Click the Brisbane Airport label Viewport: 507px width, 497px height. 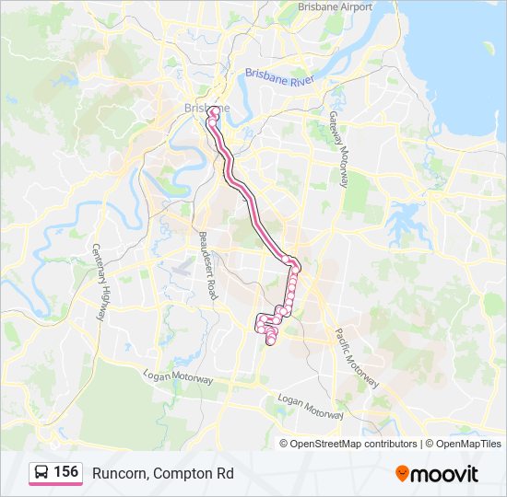(x=335, y=6)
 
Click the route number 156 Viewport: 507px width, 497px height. (x=65, y=471)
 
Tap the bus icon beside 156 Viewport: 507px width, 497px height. (x=41, y=471)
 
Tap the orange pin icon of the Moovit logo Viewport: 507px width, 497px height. (x=403, y=473)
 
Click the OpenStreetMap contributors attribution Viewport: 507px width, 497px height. (x=354, y=444)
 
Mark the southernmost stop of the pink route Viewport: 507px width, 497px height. (x=270, y=342)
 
